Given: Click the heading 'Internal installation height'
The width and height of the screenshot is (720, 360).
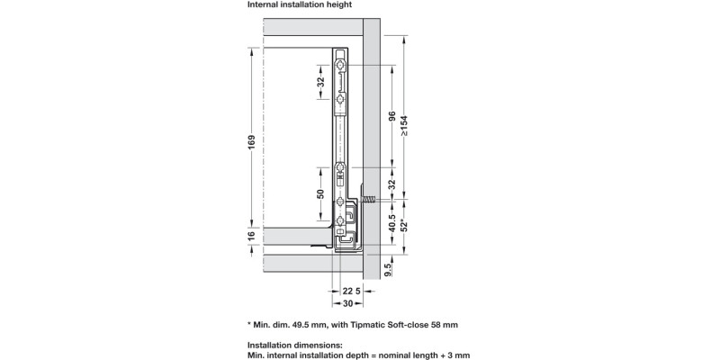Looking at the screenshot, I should (x=300, y=5).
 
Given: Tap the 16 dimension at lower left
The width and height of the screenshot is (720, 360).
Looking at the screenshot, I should (x=253, y=236).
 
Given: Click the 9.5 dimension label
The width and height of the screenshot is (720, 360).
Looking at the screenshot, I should (x=386, y=269).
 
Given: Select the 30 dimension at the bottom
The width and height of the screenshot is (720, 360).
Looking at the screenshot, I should (x=347, y=303).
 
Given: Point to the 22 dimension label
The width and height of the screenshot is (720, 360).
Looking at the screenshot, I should (x=347, y=291).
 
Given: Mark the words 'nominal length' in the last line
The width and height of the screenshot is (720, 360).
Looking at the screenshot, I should (x=406, y=355).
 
